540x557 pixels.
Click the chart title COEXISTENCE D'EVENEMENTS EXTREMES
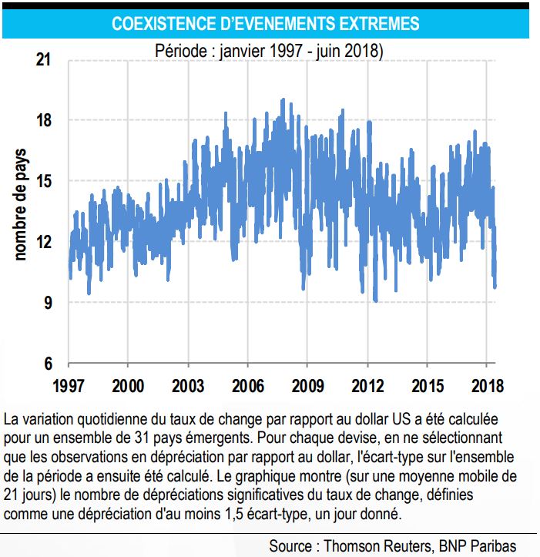pos(266,24)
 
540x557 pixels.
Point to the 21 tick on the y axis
pos(43,59)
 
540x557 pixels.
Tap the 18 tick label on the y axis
pos(44,120)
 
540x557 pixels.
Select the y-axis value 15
pos(44,181)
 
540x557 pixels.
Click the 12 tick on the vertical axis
pos(44,242)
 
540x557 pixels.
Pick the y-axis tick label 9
pos(48,303)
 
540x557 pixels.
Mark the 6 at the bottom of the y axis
pos(48,364)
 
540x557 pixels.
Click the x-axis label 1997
pos(69,386)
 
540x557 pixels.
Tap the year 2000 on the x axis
pos(128,386)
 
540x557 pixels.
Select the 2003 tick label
pos(188,386)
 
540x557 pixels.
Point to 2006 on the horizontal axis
pos(248,386)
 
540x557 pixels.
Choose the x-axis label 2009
pos(307,386)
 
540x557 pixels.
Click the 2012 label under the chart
pos(367,386)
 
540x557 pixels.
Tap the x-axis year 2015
pos(428,386)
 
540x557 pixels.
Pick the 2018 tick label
pos(488,386)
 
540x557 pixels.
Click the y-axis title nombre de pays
pos(21,205)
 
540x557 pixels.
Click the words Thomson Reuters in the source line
pos(379,545)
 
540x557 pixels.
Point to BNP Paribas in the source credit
pos(478,545)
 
